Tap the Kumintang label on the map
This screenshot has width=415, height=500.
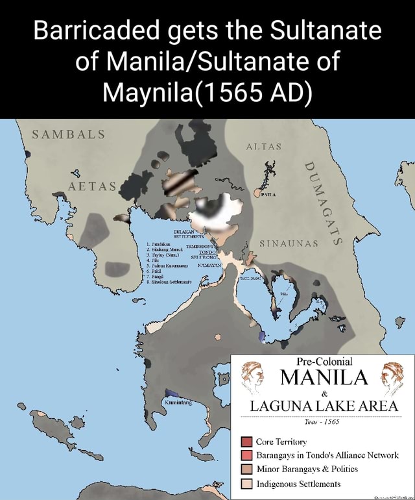click(186, 403)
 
